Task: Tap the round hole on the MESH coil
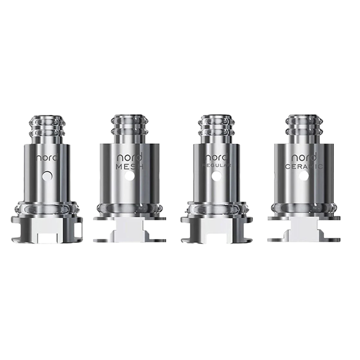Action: pyautogui.click(x=130, y=176)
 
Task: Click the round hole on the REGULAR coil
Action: pyautogui.click(x=216, y=176)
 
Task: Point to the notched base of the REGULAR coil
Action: pyautogui.click(x=216, y=230)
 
